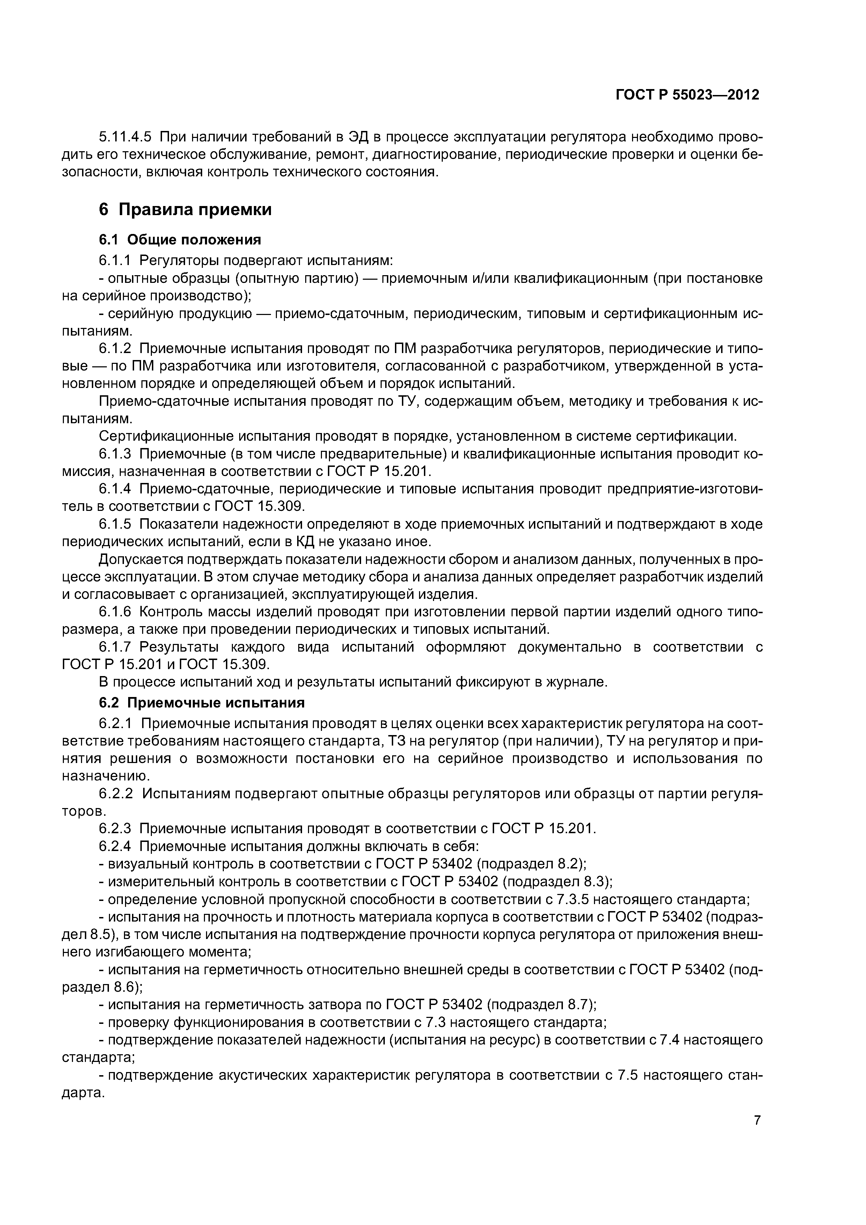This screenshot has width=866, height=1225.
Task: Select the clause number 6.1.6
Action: point(115,612)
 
